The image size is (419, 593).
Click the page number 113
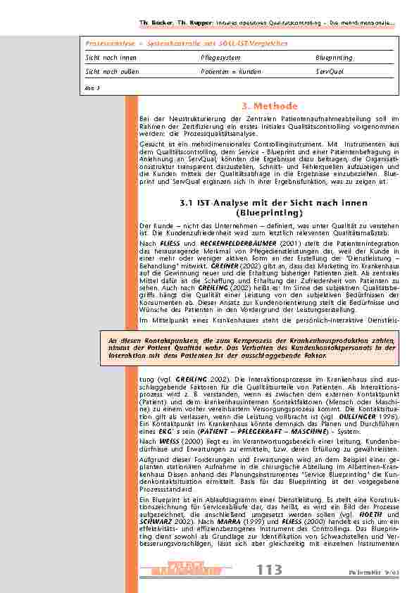point(270,568)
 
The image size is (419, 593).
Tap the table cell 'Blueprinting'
point(334,58)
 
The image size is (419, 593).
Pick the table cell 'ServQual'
point(330,71)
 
